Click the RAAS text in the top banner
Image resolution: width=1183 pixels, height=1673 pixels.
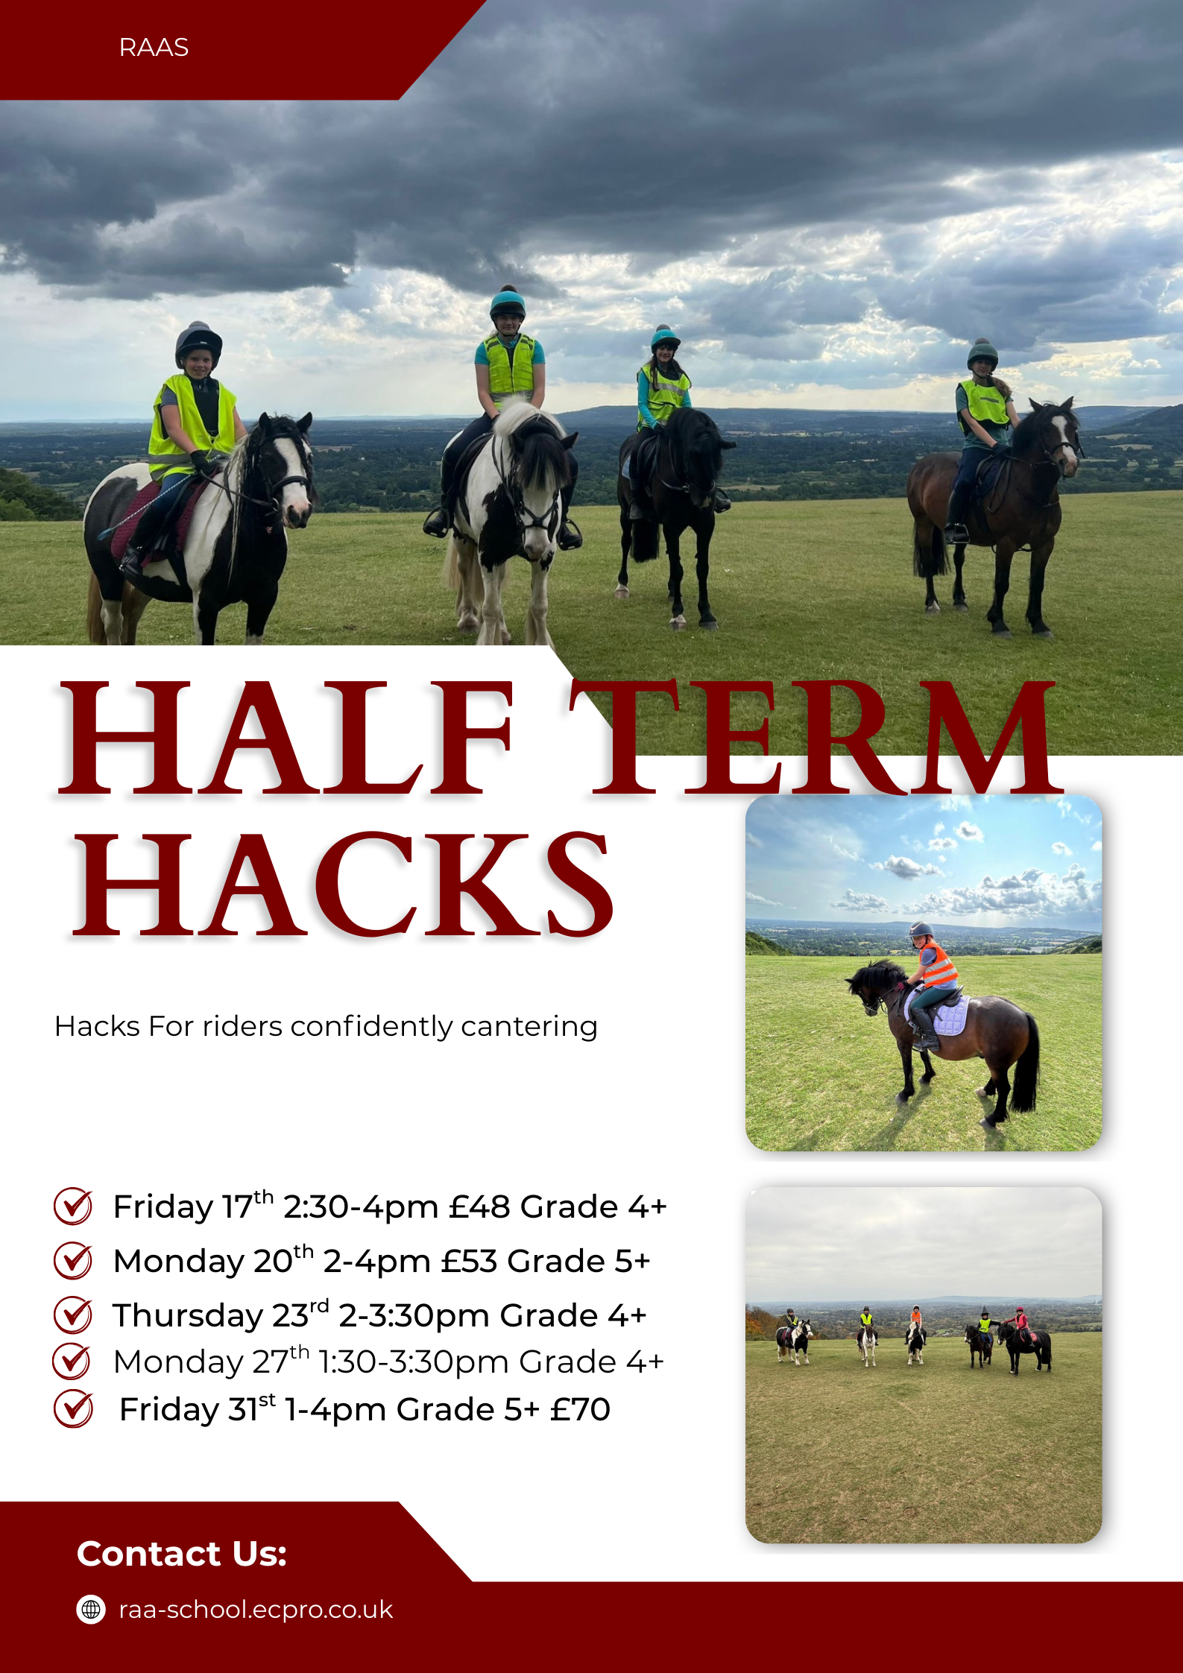154,48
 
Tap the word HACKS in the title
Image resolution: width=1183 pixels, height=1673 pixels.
344,885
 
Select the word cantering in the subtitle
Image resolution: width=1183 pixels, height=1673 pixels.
529,1027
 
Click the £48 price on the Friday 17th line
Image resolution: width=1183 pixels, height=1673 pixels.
479,1206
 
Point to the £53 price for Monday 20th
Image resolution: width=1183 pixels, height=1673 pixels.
469,1261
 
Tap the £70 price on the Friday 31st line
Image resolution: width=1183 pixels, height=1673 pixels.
580,1409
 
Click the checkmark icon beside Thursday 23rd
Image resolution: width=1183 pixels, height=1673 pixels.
73,1315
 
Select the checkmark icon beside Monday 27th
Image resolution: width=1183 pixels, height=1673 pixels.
72,1362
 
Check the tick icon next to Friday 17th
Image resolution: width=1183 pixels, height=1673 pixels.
73,1206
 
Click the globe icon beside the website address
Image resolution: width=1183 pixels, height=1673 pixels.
91,1610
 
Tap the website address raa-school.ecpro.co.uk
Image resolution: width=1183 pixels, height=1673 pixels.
256,1610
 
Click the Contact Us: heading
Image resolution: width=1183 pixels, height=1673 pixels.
182,1554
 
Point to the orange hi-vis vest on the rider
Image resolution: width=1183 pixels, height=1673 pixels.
937,964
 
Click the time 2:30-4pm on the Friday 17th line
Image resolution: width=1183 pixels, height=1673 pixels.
361,1206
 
